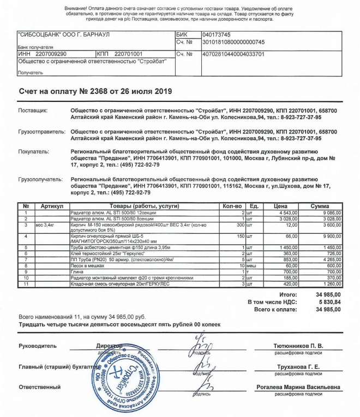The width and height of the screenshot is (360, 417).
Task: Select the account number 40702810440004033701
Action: click(226, 55)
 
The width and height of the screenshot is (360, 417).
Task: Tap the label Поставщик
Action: click(33, 111)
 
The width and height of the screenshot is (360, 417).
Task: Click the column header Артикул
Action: click(52, 207)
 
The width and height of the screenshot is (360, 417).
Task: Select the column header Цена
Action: click(280, 207)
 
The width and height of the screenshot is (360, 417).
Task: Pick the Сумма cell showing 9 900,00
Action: click(331, 237)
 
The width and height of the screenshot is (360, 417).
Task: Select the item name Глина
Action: click(77, 271)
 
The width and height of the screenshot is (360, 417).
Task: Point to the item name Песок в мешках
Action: click(87, 265)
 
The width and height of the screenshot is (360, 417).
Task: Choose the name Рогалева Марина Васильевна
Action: click(298, 387)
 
